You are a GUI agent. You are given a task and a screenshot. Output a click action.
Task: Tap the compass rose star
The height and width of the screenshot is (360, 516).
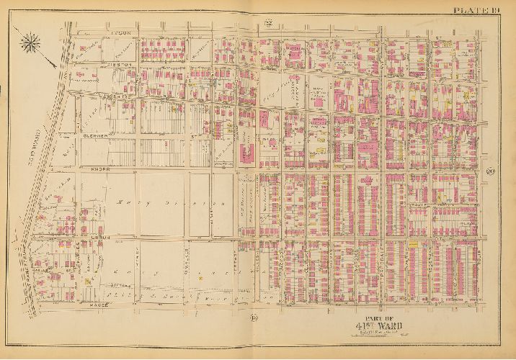31,44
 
